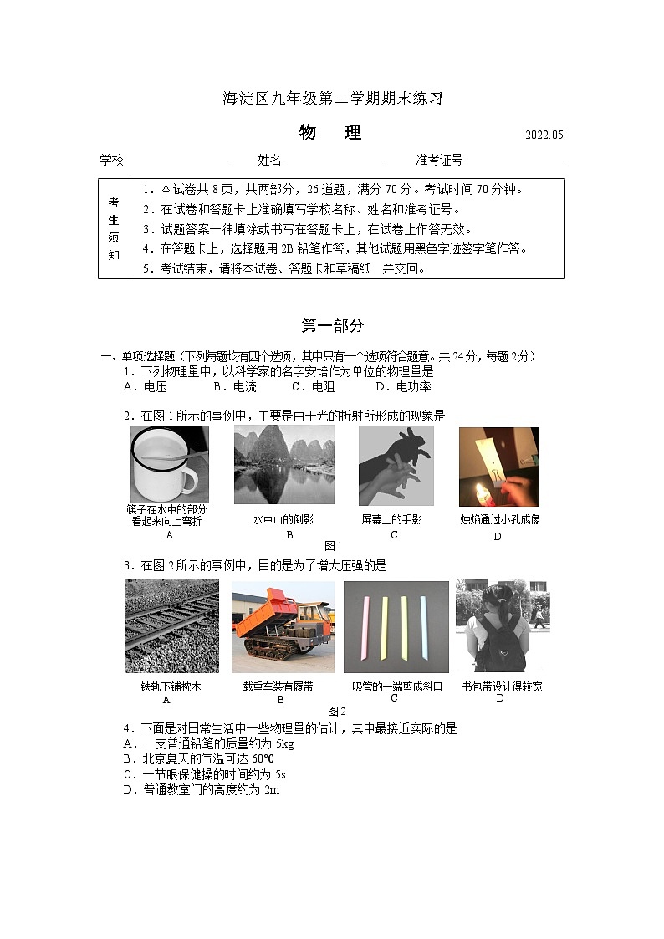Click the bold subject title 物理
(x=331, y=133)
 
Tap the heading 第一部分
(x=332, y=326)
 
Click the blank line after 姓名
(x=335, y=161)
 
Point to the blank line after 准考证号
(x=513, y=161)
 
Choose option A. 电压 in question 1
(x=145, y=387)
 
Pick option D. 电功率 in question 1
(x=403, y=387)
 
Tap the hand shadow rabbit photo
(x=396, y=466)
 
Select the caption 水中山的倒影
(x=283, y=519)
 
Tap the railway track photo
(x=171, y=625)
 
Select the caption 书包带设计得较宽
(x=502, y=686)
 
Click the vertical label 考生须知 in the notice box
(x=114, y=228)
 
